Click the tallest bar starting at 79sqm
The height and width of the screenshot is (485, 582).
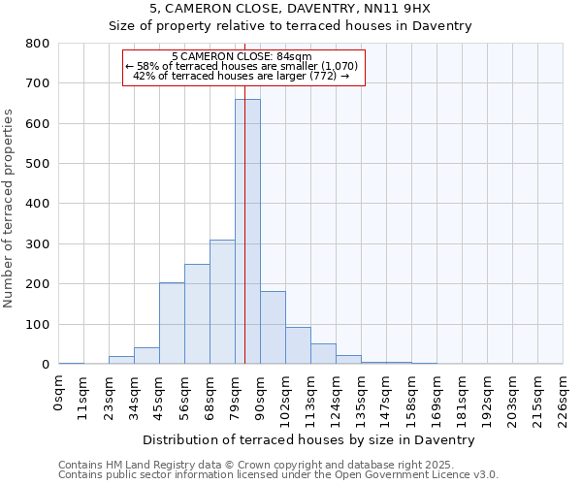pyautogui.click(x=247, y=233)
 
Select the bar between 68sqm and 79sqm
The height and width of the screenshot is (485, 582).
pyautogui.click(x=222, y=303)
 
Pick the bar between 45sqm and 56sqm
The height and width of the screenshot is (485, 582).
pyautogui.click(x=172, y=324)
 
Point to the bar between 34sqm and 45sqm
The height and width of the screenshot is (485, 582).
pyautogui.click(x=146, y=356)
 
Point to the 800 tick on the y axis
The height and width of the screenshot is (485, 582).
pyautogui.click(x=38, y=44)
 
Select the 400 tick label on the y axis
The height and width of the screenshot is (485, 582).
pyautogui.click(x=38, y=205)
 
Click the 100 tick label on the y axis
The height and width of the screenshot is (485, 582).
pyautogui.click(x=38, y=325)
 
